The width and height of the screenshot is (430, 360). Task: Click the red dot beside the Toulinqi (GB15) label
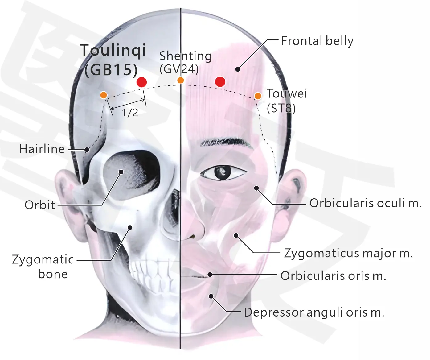click(x=142, y=82)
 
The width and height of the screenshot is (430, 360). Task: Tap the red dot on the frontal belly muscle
click(x=220, y=82)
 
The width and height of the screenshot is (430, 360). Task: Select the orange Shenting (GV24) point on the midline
click(x=181, y=81)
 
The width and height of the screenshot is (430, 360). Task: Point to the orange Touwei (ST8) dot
click(x=258, y=96)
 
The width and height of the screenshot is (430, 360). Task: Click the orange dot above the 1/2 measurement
click(x=104, y=95)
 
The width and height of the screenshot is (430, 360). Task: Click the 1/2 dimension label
click(x=130, y=113)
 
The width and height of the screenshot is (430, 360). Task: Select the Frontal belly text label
click(x=317, y=41)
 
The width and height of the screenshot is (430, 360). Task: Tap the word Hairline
click(x=42, y=149)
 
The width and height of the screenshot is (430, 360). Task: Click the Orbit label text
click(x=40, y=205)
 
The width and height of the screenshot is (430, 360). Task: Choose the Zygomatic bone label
click(x=43, y=267)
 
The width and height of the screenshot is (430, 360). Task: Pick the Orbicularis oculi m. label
click(x=366, y=203)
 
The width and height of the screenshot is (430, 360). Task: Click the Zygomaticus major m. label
click(x=348, y=253)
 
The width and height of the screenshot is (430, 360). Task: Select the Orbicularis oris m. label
click(x=333, y=276)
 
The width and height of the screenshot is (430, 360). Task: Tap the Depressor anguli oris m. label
click(x=314, y=312)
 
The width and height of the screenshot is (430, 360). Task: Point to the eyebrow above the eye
click(x=227, y=142)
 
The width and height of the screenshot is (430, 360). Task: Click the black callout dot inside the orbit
click(x=121, y=172)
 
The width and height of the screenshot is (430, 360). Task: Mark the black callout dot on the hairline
click(x=87, y=150)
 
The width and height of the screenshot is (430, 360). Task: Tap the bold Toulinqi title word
click(x=113, y=51)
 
